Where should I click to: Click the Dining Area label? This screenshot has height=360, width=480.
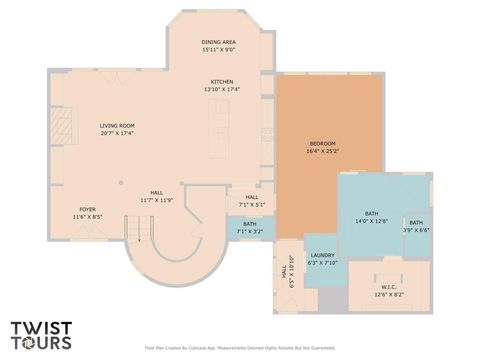[x=218, y=42]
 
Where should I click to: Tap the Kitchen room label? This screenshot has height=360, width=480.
[x=221, y=82]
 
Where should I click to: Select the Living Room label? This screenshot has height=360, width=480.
[x=117, y=126]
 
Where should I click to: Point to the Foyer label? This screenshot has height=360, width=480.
[x=87, y=209]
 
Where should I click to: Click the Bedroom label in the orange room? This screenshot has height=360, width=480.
[x=322, y=144]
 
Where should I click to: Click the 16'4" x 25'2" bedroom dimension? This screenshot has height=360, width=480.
[x=322, y=151]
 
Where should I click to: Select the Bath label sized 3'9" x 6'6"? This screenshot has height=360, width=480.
[x=416, y=223]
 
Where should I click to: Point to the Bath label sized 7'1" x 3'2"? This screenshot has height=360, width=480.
[x=249, y=224]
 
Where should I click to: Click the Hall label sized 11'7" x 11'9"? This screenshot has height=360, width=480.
[x=157, y=193]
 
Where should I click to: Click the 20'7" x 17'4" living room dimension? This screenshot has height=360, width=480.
[x=117, y=133]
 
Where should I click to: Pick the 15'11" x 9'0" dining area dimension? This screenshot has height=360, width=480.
[x=218, y=49]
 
